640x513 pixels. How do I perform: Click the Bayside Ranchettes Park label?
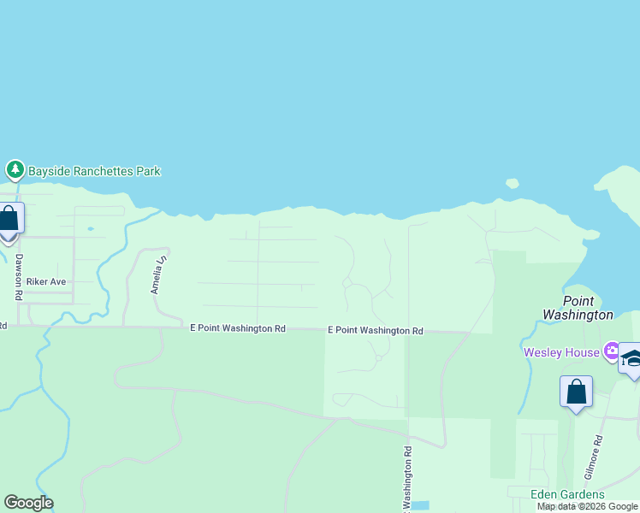94,171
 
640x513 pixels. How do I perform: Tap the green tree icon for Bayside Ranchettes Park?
15,170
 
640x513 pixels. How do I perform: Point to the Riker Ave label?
46,281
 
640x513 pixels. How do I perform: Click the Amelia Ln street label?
157,274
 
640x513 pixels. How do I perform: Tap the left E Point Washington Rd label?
237,328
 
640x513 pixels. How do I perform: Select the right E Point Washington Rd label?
376,331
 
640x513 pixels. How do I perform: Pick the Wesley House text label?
561,351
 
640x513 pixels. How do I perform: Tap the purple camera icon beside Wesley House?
611,351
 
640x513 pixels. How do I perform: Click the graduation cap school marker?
631,359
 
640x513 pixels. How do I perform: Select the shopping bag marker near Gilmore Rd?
576,392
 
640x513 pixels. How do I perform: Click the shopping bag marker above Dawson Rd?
9,220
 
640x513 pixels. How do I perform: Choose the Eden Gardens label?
567,495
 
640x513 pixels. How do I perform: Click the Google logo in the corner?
28,503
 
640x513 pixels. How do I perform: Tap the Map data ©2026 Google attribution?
587,507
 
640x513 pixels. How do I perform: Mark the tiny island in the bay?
512,183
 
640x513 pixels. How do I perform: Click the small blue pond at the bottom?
419,505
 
